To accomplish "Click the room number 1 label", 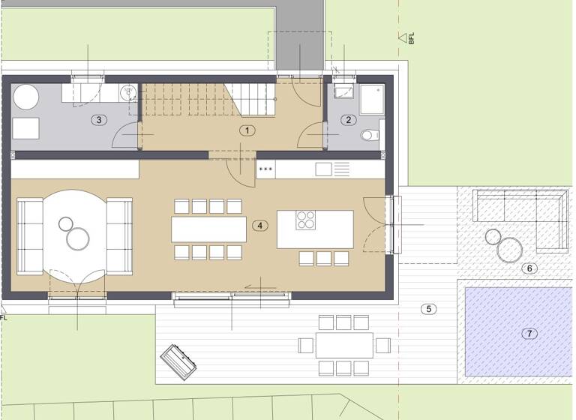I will coord(247,130).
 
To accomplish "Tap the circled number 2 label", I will coord(348,119).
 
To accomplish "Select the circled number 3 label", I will coord(98,119).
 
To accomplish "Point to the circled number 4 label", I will coord(259,225).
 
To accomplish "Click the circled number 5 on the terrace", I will coord(428,308).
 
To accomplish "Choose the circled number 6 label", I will coord(529,268).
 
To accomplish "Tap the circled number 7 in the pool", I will coord(529,333).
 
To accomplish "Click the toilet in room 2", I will coord(368,136).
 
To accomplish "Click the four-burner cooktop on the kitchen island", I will coord(306,220).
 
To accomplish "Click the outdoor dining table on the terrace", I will coord(344,345).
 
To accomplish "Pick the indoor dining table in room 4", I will coord(208,228).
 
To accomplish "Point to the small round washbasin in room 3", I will coord(128,91).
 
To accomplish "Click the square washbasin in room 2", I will coord(343,91).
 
